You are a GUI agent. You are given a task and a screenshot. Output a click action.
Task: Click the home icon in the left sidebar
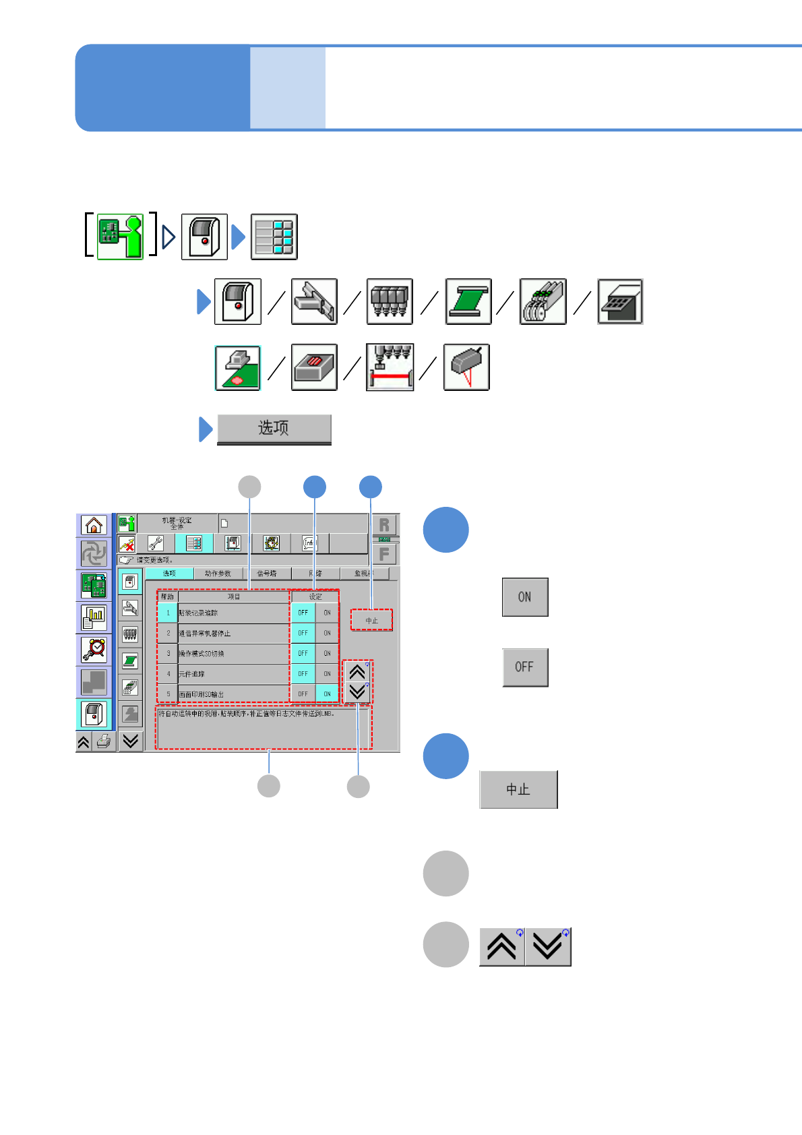tap(94, 524)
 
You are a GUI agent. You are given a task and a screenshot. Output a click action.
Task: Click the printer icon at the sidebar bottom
tap(103, 742)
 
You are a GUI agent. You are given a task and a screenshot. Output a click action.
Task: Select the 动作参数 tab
tap(218, 574)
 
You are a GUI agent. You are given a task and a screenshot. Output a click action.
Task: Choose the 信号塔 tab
tap(267, 574)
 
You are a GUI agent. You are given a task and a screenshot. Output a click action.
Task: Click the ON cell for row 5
tap(327, 694)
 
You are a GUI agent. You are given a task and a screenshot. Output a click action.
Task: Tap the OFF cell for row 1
tap(303, 613)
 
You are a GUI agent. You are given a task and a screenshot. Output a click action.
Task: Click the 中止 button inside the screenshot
tap(371, 620)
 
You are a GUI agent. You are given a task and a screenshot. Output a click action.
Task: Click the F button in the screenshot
tap(384, 555)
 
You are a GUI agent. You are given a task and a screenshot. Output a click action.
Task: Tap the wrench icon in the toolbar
tap(156, 543)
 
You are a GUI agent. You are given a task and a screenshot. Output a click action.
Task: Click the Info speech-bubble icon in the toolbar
tap(309, 543)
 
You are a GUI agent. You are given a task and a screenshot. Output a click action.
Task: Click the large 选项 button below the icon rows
tap(274, 429)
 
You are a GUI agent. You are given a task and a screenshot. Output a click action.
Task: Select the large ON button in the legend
tap(524, 596)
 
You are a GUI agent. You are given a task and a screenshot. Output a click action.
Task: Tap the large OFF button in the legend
tap(524, 667)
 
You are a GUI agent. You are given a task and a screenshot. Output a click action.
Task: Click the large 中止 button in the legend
tap(518, 789)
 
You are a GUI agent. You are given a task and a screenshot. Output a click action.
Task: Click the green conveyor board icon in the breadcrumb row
tap(468, 301)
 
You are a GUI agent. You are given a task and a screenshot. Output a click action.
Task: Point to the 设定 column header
tap(315, 596)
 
